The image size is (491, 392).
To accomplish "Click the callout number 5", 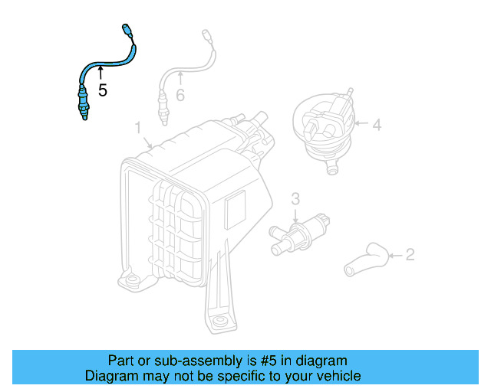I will tap(102, 90).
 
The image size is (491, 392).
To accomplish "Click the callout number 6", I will tap(180, 95).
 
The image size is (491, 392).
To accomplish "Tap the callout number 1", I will tap(139, 126).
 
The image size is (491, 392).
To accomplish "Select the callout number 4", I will tap(377, 123).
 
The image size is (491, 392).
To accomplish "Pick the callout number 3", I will tap(295, 199).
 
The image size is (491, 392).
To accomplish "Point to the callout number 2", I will tap(410, 253).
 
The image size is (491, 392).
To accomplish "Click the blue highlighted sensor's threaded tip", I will tap(82, 113).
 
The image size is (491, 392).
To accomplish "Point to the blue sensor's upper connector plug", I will tap(127, 31).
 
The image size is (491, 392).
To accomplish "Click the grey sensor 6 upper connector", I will tap(205, 35).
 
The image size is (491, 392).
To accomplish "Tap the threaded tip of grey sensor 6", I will tap(162, 119).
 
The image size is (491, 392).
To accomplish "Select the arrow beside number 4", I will tap(361, 123).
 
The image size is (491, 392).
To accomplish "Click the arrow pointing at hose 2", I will tap(394, 254).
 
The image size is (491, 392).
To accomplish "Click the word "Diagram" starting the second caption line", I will tap(110, 376).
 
